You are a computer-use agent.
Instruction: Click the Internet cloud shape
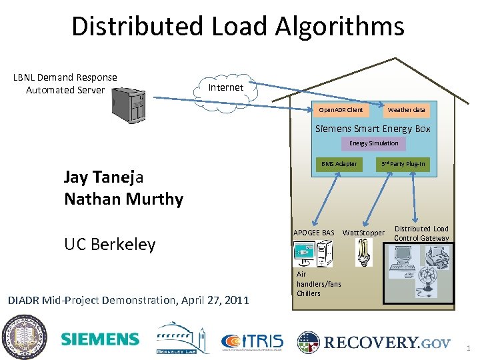coord(225,89)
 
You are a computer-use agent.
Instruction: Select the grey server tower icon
coord(129,107)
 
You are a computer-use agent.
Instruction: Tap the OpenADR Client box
coord(341,109)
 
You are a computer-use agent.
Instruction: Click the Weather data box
coord(406,109)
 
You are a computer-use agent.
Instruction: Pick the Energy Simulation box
coord(373,143)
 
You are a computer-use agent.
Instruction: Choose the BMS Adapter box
coord(339,164)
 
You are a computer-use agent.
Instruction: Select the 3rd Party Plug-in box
coord(403,164)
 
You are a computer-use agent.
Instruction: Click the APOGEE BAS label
coord(314,233)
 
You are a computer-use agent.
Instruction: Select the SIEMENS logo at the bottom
coord(100,339)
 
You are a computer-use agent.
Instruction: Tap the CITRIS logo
coord(252,342)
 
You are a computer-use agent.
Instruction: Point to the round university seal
coord(23,337)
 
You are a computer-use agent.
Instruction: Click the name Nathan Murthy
coord(123,199)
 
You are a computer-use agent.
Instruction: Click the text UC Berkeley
coord(109,244)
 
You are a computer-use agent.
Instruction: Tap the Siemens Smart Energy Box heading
coord(373,129)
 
